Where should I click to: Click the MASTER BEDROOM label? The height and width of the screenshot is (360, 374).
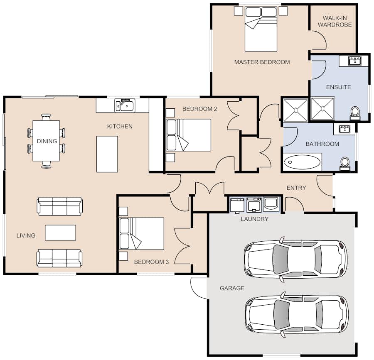coord(262,62)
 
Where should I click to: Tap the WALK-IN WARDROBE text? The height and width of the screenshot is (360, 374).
coord(335,22)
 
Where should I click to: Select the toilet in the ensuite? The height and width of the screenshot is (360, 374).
coord(355,113)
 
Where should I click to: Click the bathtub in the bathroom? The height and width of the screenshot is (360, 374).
coord(302,162)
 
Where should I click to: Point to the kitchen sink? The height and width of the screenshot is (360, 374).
coord(125,105)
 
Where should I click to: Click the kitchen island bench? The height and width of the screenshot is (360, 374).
coord(107,154)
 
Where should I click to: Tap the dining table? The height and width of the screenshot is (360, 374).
coord(46,141)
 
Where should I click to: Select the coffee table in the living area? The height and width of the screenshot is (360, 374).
coord(60,232)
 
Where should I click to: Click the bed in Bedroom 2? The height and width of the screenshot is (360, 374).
coord(188,135)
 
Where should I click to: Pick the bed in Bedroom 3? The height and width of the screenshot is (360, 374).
coord(141,233)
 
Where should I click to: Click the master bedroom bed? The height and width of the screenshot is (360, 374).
coord(261,29)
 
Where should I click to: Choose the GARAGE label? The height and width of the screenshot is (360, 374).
coord(232,288)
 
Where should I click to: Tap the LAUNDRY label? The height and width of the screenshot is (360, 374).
coord(254,219)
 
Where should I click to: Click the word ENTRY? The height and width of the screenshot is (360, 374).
coord(296,188)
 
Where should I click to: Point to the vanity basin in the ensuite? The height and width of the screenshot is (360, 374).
coord(355,61)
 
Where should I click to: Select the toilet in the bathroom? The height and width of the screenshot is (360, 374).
coord(344,164)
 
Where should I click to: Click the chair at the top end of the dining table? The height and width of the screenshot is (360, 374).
coord(46,117)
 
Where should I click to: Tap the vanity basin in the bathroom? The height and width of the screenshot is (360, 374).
coord(344,129)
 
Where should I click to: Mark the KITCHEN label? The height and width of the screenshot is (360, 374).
coord(120,127)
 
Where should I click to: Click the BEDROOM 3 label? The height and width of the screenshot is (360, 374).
coord(151,262)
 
